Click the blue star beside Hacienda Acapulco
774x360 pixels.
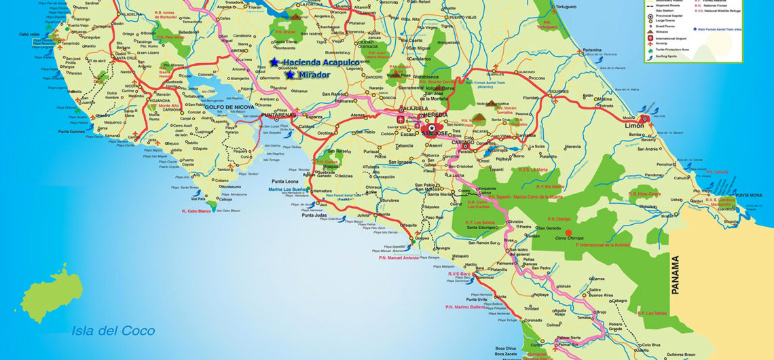click(x=274, y=62)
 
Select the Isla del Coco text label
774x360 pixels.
click(x=113, y=331)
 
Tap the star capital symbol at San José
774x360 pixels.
click(x=431, y=128)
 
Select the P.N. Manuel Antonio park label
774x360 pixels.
click(x=399, y=257)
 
